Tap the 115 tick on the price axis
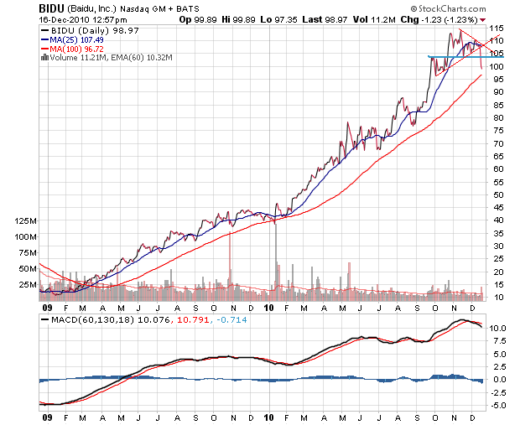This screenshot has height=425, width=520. pyautogui.click(x=496, y=29)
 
